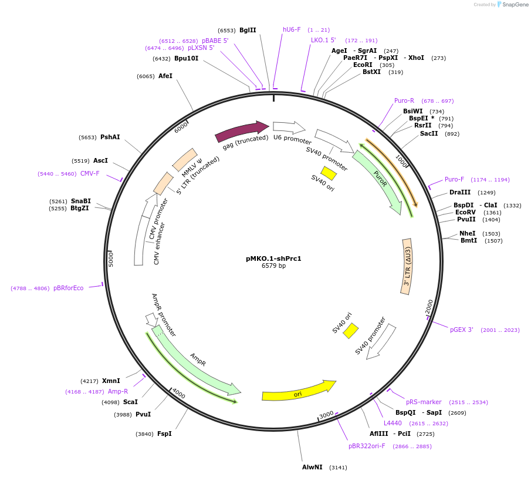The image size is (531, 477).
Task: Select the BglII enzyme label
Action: pos(248,30)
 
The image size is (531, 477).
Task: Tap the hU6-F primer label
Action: pos(292,29)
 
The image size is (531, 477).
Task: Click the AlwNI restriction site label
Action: pos(312,468)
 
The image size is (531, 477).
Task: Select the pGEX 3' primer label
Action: pos(462,330)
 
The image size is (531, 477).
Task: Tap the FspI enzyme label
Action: pos(164,434)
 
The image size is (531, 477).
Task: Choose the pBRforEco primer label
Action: pos(69,288)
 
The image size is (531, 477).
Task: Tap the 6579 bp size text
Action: pos(273,266)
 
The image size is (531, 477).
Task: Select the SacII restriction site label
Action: pos(429,133)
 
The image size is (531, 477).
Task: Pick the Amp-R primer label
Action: pos(118,391)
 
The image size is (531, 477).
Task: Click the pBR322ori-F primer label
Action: pos(367,446)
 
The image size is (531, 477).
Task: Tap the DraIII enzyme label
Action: pos(460,192)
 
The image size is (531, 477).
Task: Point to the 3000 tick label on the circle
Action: pos(326,415)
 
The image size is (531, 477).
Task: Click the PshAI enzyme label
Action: pos(110,137)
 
